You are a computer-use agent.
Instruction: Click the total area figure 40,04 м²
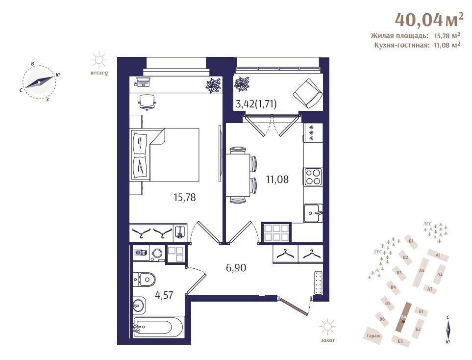(x=429, y=20)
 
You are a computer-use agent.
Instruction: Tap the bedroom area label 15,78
(x=184, y=197)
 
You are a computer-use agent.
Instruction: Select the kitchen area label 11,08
(x=277, y=179)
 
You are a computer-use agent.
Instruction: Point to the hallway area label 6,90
(x=236, y=267)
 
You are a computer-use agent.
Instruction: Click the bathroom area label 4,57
(x=164, y=295)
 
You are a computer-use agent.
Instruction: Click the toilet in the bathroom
(x=144, y=280)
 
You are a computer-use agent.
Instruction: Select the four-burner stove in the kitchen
(x=313, y=177)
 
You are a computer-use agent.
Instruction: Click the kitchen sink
(x=313, y=213)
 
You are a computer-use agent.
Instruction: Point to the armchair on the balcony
(x=307, y=93)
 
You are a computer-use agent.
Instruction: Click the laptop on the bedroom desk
(x=143, y=81)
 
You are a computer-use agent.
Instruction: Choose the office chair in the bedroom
(x=147, y=102)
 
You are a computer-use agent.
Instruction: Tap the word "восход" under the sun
(x=99, y=73)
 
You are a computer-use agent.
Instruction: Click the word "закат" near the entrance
(x=327, y=340)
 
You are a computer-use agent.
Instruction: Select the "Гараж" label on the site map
(x=373, y=335)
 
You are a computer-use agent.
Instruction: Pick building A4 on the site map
(x=422, y=271)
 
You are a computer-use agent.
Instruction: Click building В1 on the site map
(x=411, y=241)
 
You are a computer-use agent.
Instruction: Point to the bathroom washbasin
(x=139, y=306)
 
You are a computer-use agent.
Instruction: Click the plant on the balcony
(x=242, y=84)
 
